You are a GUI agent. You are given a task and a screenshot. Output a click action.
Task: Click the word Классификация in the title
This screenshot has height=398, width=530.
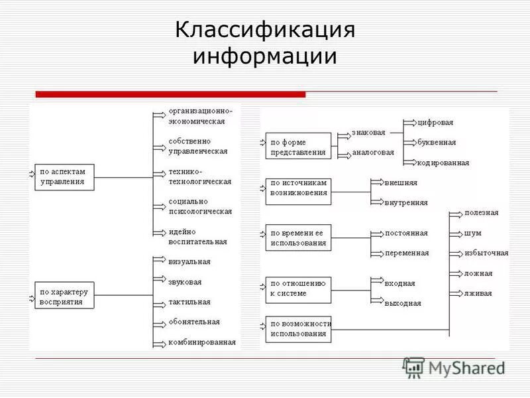click(265, 30)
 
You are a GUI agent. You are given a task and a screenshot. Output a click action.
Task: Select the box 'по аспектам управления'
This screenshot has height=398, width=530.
click(64, 177)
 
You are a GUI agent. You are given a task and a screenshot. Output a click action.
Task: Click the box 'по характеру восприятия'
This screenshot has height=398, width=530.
click(64, 296)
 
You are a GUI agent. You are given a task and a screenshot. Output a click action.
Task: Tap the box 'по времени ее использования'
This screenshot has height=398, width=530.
click(298, 237)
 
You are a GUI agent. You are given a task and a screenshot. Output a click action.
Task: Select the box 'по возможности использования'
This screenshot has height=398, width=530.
click(298, 329)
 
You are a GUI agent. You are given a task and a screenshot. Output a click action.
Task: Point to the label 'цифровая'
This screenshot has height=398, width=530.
click(436, 123)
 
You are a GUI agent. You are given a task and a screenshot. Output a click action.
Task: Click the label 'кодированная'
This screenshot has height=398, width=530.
click(443, 163)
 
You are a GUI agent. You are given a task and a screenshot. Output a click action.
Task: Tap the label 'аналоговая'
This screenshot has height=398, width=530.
click(373, 152)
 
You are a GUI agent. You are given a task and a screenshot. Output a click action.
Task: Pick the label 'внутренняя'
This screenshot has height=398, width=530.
click(406, 202)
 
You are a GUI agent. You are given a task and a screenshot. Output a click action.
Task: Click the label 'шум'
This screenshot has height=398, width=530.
click(473, 233)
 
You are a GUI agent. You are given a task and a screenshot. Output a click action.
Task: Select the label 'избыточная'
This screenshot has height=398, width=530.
click(486, 253)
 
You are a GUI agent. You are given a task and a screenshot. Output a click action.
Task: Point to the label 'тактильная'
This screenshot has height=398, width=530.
click(189, 302)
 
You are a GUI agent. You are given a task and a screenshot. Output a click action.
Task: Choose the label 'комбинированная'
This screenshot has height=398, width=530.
click(202, 342)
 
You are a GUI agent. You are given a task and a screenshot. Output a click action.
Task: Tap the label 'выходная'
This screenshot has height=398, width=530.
click(403, 303)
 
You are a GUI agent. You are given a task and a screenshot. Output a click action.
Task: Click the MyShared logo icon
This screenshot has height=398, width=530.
click(413, 367)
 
